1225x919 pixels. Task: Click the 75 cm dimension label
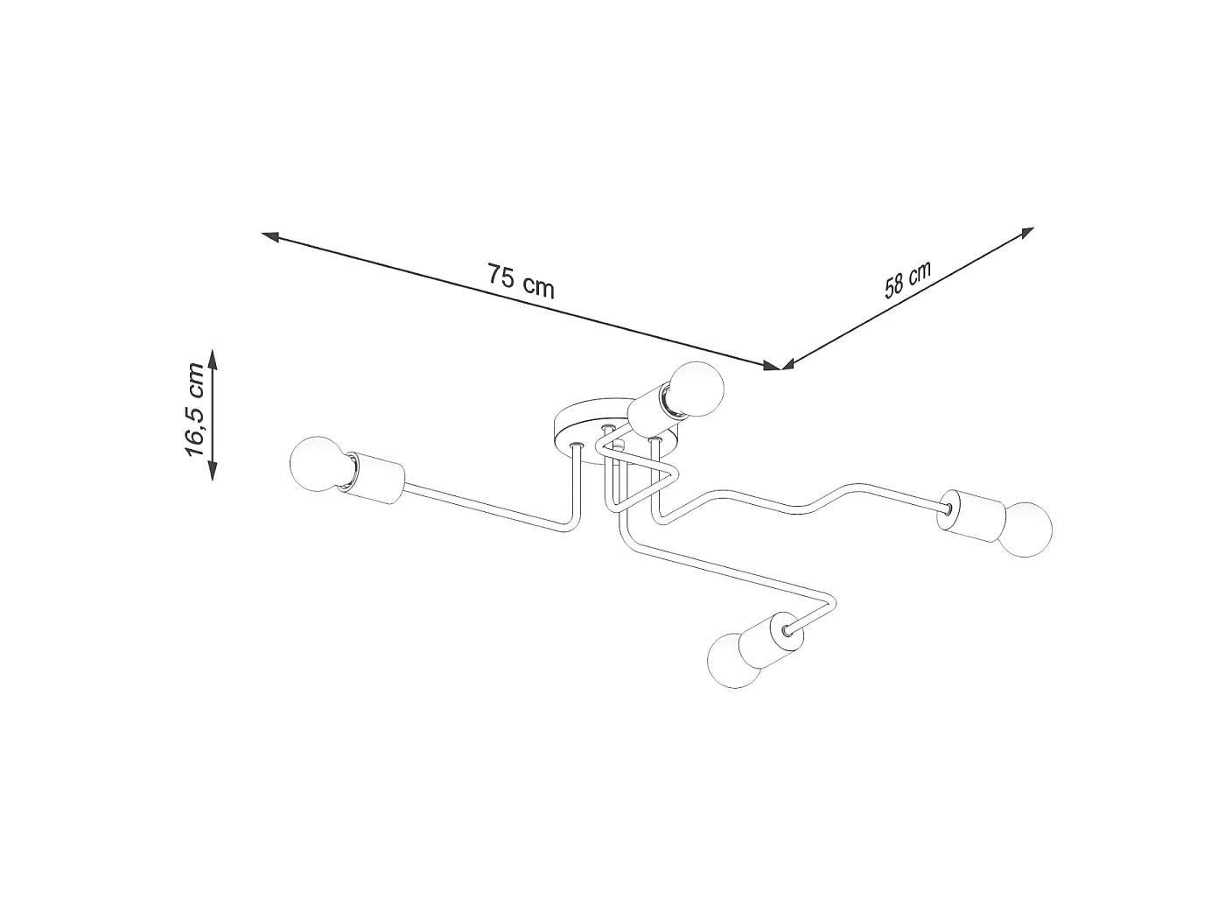click(521, 281)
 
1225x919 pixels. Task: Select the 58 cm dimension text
click(907, 279)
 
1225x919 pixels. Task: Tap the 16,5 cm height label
click(195, 417)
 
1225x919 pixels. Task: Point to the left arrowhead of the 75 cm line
click(270, 236)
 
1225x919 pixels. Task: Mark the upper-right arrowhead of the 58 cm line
click(1026, 233)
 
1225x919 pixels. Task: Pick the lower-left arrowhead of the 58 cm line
click(790, 364)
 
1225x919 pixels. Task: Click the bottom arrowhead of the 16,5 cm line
click(212, 471)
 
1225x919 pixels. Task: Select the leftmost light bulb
click(318, 464)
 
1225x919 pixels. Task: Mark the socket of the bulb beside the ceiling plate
click(652, 417)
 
